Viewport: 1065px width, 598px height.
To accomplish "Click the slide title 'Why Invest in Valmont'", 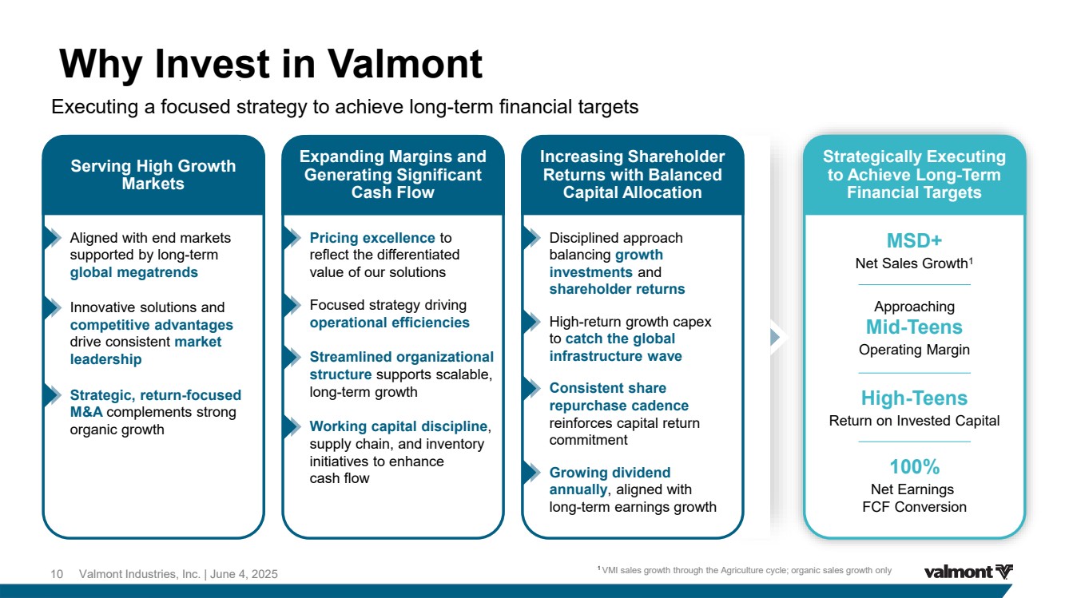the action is point(271,64).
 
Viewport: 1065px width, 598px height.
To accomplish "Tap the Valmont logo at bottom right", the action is point(968,572).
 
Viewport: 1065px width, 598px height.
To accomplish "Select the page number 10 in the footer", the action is point(57,574).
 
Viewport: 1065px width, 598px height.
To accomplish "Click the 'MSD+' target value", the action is point(914,241).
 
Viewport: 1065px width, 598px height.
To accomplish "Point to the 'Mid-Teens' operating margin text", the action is point(914,327).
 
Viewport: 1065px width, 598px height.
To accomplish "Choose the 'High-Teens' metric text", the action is point(914,398).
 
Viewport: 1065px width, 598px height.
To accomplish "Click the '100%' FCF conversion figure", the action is point(914,467).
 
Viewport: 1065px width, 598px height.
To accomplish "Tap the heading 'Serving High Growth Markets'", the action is point(153,175).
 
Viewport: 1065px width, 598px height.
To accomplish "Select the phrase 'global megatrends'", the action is point(133,272).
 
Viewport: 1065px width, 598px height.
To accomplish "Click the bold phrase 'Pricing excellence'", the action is point(372,237).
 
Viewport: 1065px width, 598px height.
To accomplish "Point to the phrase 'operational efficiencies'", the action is point(389,323).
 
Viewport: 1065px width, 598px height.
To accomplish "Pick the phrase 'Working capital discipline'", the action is point(399,426).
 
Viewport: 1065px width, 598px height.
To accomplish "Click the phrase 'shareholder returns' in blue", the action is point(617,289).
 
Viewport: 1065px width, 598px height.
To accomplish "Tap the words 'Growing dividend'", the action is point(610,472).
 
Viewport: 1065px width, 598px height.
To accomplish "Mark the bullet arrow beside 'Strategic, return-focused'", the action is point(53,395).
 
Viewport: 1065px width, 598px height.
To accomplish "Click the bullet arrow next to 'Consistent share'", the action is point(532,389).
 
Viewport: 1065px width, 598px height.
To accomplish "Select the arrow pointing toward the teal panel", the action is point(776,337).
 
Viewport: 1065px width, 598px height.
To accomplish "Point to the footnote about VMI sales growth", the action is point(745,570).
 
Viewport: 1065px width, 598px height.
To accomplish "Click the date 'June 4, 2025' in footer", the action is point(244,574).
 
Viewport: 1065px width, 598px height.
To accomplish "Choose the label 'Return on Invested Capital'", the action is point(914,421).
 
